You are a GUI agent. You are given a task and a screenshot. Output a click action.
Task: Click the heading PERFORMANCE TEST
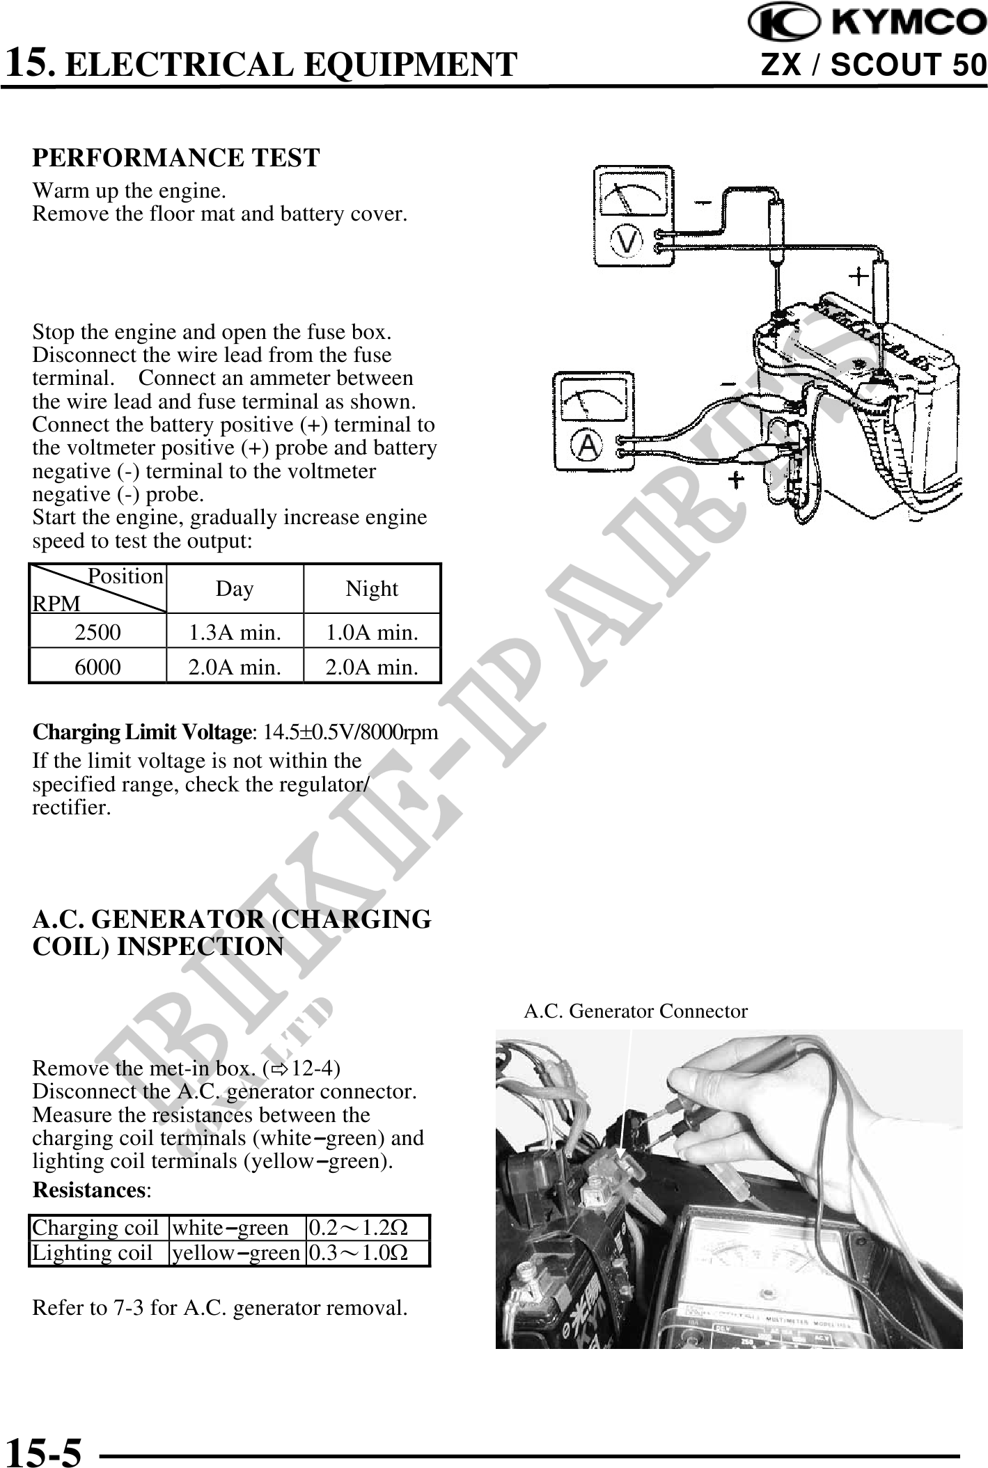tap(176, 158)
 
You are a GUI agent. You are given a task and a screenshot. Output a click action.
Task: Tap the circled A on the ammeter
tap(588, 446)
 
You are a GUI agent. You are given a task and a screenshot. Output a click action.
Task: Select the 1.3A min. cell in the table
tap(235, 633)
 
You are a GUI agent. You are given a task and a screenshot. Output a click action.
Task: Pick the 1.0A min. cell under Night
tap(373, 633)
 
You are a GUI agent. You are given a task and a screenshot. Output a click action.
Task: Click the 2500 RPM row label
tap(97, 633)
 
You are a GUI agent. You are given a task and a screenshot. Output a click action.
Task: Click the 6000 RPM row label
tap(97, 668)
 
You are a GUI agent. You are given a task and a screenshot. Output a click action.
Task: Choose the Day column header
tap(235, 589)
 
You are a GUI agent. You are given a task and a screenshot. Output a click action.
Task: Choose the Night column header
tap(372, 589)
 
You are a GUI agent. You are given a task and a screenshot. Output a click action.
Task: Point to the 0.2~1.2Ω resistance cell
tap(359, 1227)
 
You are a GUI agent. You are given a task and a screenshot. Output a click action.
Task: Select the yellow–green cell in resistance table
tap(236, 1253)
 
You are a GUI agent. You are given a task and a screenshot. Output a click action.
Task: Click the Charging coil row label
tap(95, 1227)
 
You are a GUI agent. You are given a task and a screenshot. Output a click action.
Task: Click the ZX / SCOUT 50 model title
tap(874, 66)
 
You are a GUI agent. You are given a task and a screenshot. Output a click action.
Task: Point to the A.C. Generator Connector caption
tap(635, 1011)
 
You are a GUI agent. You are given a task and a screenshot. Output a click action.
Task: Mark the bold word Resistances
tap(88, 1190)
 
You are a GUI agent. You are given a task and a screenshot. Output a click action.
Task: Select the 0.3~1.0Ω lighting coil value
tap(359, 1253)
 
